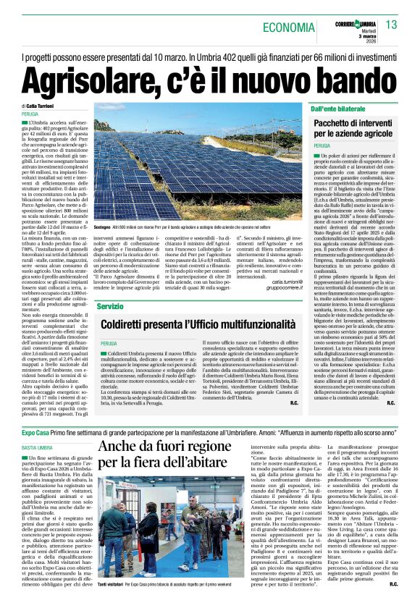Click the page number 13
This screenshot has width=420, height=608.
pyautogui.click(x=392, y=25)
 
